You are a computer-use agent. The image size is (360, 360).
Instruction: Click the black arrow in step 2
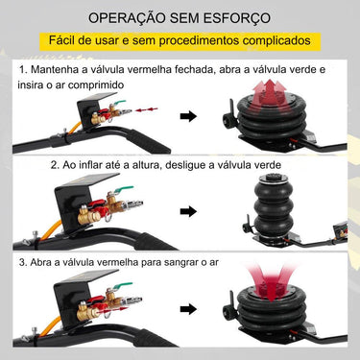pos(189,219)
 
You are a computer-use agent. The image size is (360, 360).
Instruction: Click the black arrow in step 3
pos(189,322)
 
